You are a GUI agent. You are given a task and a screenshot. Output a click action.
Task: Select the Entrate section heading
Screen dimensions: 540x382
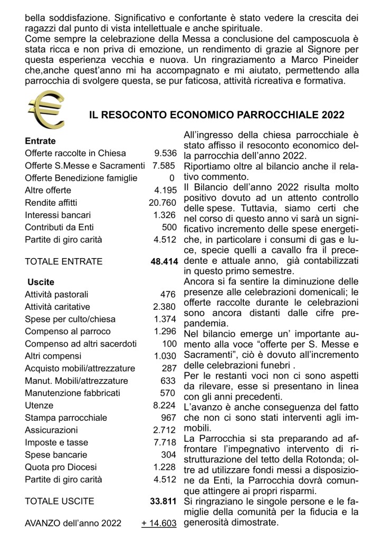click(x=40, y=141)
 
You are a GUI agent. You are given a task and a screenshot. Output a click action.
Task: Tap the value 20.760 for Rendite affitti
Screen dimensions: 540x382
click(x=162, y=202)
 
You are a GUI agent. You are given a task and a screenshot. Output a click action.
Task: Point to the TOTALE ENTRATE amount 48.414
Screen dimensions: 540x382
click(x=163, y=261)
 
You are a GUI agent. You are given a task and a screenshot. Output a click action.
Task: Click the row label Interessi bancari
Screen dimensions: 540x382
click(x=58, y=215)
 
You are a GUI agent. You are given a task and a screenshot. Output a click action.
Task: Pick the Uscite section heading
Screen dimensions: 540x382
click(x=40, y=282)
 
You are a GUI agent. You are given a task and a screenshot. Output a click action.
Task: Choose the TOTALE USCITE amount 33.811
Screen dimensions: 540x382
click(x=163, y=500)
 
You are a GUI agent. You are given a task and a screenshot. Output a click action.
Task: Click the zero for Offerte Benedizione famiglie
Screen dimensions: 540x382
click(x=172, y=178)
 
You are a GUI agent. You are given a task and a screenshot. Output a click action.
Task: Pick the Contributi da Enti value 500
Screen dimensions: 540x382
click(x=168, y=227)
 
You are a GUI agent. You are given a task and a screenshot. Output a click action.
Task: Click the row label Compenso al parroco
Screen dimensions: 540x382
click(x=68, y=331)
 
